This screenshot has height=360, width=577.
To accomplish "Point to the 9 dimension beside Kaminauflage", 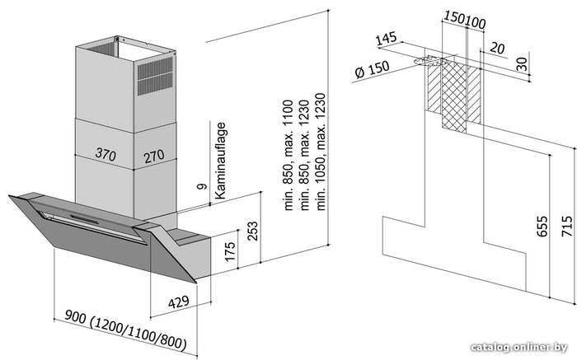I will [x=203, y=188].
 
